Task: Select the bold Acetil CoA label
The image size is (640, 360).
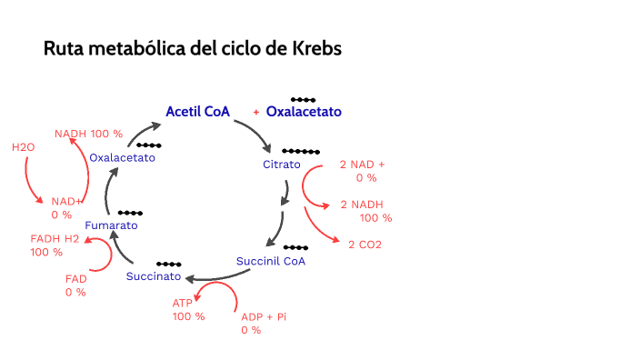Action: click(197, 112)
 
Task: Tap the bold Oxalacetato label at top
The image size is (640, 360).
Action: click(304, 112)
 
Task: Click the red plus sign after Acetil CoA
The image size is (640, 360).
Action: click(256, 112)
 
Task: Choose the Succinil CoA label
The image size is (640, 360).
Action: click(271, 261)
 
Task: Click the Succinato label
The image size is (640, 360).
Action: click(154, 276)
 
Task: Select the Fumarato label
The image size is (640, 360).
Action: click(111, 225)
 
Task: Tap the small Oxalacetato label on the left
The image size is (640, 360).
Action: click(122, 157)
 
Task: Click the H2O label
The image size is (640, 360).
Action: click(23, 146)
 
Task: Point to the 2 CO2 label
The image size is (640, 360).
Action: click(365, 245)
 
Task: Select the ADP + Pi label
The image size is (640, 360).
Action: click(264, 316)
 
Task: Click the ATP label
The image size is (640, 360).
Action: click(183, 303)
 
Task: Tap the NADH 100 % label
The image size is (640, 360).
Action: click(88, 134)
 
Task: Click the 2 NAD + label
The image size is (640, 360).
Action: click(362, 165)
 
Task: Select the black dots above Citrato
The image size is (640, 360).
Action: click(300, 151)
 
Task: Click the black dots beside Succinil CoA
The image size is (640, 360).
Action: click(295, 247)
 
